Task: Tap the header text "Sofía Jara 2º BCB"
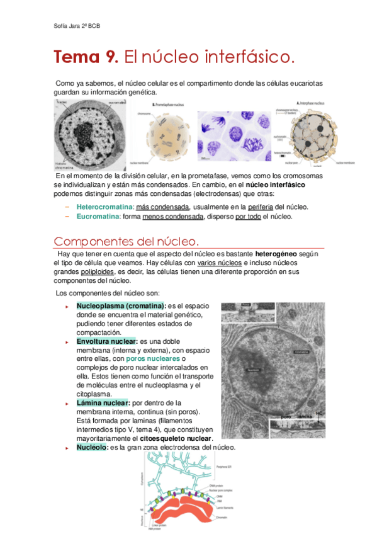coord(78,26)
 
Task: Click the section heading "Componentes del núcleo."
coord(127,242)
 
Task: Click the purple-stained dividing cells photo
coord(233,137)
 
